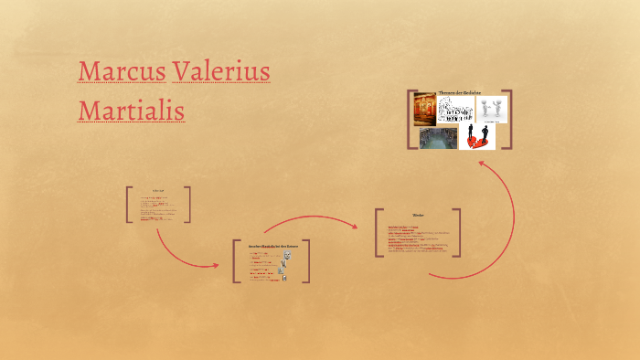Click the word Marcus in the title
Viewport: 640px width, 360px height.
pyautogui.click(x=121, y=70)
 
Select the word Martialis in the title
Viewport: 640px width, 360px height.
pyautogui.click(x=132, y=111)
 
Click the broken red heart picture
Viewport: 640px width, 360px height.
pyautogui.click(x=476, y=138)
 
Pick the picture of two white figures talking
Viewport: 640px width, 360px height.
pyautogui.click(x=489, y=110)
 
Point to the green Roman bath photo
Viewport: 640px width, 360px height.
pyautogui.click(x=438, y=138)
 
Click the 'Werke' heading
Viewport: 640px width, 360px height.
pyautogui.click(x=418, y=217)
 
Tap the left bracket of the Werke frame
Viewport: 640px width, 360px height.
pyautogui.click(x=378, y=233)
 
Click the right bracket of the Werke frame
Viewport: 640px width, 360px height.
pyautogui.click(x=457, y=233)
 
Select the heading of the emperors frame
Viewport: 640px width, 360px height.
pyautogui.click(x=272, y=247)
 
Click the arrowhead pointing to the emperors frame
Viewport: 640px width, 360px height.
pyautogui.click(x=216, y=266)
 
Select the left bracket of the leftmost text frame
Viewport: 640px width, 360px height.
pyautogui.click(x=129, y=205)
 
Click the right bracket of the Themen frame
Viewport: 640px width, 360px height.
pyautogui.click(x=508, y=119)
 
